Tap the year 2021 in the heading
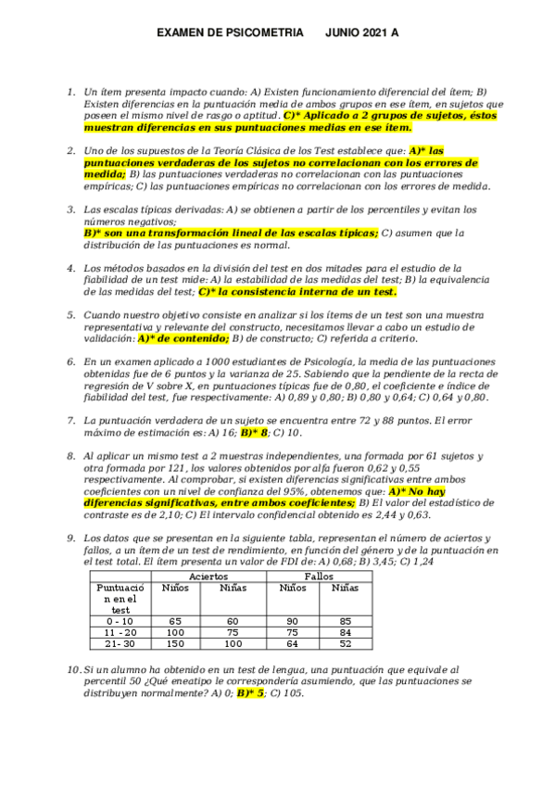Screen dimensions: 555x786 [x=373, y=32]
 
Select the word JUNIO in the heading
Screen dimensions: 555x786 [x=342, y=32]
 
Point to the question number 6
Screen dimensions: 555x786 [x=70, y=361]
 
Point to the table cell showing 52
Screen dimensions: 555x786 [x=344, y=644]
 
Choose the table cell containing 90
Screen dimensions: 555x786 [x=292, y=620]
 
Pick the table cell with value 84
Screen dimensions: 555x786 [x=344, y=632]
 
